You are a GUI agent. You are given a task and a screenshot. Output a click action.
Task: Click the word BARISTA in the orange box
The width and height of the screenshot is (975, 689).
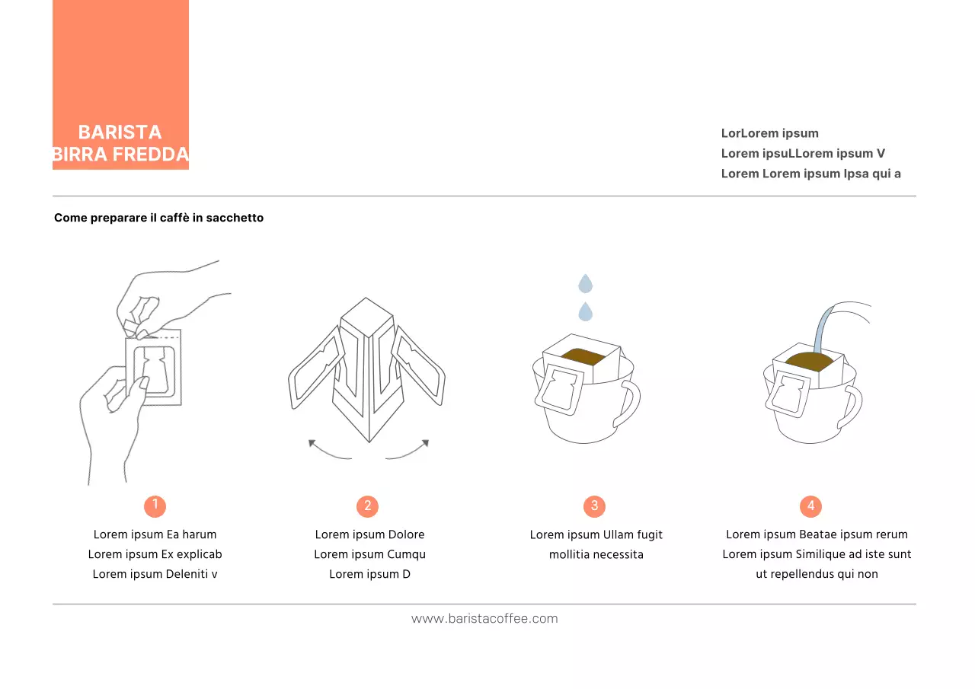120,132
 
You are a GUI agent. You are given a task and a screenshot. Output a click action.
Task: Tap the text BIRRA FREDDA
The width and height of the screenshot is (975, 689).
120,155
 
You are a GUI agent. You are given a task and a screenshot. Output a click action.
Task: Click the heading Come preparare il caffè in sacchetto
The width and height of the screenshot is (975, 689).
158,218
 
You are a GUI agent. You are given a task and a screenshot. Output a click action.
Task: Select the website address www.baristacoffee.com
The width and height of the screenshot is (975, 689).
484,618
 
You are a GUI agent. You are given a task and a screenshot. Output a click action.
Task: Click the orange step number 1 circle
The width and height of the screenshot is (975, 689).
155,506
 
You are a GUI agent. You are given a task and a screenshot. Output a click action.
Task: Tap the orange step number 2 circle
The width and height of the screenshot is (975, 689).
367,506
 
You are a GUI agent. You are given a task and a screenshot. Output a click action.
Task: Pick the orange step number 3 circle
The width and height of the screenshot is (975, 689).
594,506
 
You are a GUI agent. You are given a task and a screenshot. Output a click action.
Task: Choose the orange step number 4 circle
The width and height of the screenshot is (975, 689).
810,506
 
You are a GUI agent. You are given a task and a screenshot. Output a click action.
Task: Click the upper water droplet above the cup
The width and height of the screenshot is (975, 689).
585,284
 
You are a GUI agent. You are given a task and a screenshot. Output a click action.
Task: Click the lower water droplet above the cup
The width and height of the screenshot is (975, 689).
585,311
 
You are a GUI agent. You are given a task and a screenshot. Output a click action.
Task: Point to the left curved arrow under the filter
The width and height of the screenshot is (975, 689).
328,450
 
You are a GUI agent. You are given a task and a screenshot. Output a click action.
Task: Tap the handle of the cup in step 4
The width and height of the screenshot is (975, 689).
852,407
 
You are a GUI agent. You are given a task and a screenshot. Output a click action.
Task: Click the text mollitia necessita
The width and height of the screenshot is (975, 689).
596,554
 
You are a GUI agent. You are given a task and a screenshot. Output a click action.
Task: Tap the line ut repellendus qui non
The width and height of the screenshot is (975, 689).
817,574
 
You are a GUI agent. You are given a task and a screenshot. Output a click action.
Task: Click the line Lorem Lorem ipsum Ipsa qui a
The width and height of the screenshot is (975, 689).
810,173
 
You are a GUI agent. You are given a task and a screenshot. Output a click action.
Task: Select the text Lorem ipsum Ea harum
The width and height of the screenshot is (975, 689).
155,534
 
